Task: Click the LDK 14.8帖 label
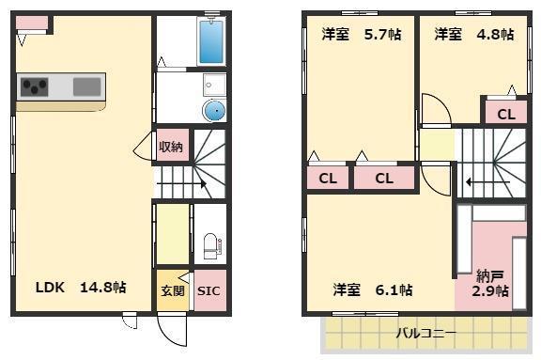pos(81,288)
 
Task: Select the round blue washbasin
pos(215,111)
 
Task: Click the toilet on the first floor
pos(210,246)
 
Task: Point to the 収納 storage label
pos(170,147)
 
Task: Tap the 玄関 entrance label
pos(170,290)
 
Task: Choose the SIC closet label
pos(209,291)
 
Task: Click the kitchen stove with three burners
pos(36,87)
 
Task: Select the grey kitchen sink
pos(86,86)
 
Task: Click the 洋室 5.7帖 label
pos(361,35)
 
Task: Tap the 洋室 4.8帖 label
pos(473,35)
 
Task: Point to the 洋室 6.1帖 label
pos(372,290)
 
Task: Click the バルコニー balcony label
pos(425,333)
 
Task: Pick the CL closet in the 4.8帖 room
pos(505,115)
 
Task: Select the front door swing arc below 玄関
pos(172,331)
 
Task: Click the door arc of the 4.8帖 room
pos(436,109)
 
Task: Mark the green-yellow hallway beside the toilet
pos(171,234)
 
